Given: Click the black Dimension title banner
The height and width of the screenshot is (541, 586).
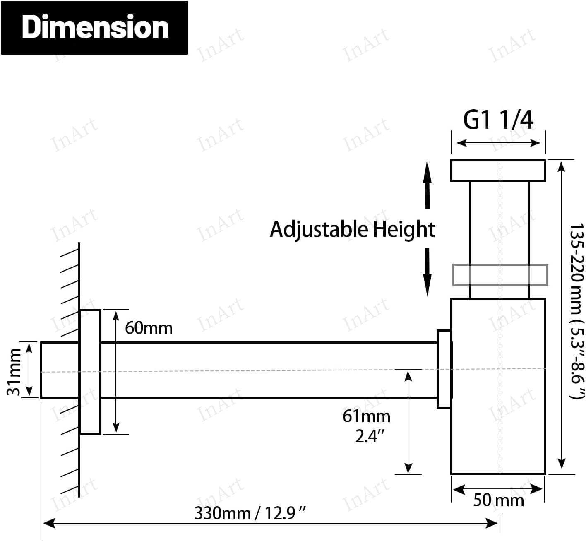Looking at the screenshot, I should [x=94, y=28].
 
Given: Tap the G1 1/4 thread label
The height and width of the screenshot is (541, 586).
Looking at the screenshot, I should [x=498, y=120].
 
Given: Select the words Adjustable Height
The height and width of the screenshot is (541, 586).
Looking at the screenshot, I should [x=352, y=229].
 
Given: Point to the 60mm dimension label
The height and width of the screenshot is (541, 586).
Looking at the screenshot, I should [x=149, y=328].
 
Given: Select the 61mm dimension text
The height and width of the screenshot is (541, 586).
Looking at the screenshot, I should [x=366, y=416].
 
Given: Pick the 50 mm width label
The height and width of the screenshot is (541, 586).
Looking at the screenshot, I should [x=498, y=500].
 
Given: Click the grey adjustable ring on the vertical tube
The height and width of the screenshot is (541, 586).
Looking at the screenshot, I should [x=500, y=275].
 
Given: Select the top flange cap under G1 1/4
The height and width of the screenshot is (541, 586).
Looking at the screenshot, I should [x=498, y=171].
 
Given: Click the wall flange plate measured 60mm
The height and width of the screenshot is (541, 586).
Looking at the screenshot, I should [x=90, y=372].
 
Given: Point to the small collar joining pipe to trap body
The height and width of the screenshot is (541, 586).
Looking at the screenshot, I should [x=444, y=369].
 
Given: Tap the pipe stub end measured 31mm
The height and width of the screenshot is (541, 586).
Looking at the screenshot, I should [x=60, y=370].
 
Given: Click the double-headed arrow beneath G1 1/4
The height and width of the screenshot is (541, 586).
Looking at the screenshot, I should [x=498, y=143].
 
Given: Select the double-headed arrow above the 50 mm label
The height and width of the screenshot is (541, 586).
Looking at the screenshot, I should [x=498, y=489].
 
